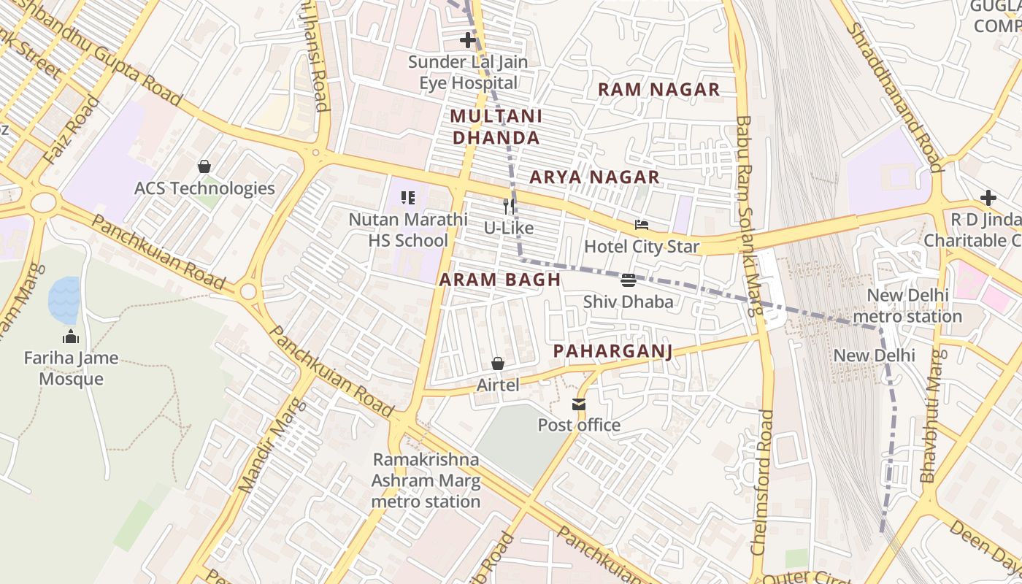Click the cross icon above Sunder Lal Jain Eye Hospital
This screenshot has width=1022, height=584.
[x=468, y=39]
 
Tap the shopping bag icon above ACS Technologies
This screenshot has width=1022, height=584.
[x=204, y=166]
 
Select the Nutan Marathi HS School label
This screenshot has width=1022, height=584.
[x=408, y=229]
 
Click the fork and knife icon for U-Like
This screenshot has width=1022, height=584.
[x=509, y=207]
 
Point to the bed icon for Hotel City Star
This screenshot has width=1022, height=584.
[x=642, y=225]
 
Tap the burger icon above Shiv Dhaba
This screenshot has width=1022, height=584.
[x=628, y=280]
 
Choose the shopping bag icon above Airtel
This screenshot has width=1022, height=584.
[x=498, y=363]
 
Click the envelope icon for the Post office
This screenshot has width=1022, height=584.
[x=579, y=404]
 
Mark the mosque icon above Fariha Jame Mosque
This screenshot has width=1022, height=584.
[x=71, y=337]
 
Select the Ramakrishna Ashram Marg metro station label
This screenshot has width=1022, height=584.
[x=426, y=480]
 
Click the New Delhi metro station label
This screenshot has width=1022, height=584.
[x=907, y=306]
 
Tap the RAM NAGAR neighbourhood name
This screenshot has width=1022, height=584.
[x=658, y=90]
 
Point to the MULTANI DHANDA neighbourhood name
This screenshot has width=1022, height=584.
[x=496, y=127]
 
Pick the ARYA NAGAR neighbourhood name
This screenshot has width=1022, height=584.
[x=594, y=177]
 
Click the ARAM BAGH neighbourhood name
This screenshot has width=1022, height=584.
[x=500, y=280]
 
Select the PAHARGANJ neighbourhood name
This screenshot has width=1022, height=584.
[x=612, y=351]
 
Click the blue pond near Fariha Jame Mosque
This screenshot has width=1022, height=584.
[x=64, y=300]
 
